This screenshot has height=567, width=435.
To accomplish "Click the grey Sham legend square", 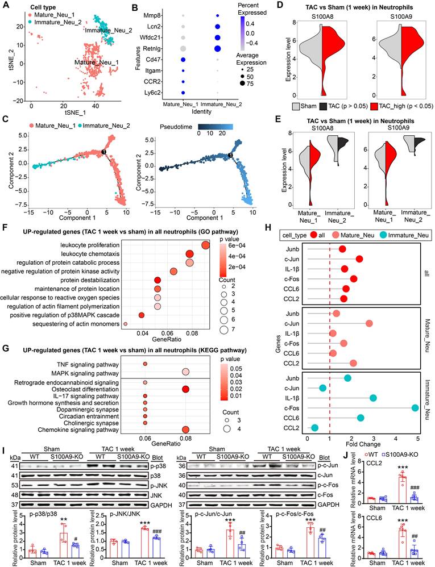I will point(296,106).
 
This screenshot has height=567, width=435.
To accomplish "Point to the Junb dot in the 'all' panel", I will point(342,249).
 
